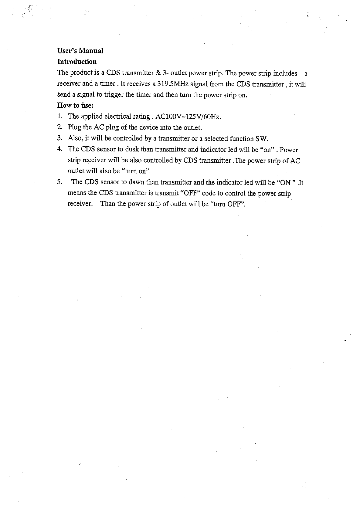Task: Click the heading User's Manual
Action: pyautogui.click(x=80, y=50)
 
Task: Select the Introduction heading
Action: pyautogui.click(x=77, y=62)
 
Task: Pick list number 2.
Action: pyautogui.click(x=60, y=127)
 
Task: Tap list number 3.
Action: pyautogui.click(x=60, y=138)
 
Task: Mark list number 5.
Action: pyautogui.click(x=60, y=182)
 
